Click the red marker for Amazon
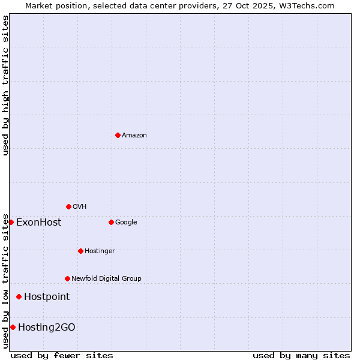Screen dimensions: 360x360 [118, 135]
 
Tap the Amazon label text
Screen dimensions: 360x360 [134, 136]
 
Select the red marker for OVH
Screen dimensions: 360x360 [68, 206]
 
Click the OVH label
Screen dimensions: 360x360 [80, 207]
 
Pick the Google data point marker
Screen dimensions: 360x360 [111, 222]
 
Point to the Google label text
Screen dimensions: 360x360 [126, 223]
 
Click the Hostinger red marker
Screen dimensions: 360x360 [80, 251]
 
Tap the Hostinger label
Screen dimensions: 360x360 [100, 251]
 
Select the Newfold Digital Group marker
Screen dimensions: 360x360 [67, 278]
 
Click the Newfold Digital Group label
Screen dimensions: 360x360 [106, 279]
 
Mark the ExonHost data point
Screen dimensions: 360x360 [11, 222]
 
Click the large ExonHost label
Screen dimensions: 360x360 [38, 223]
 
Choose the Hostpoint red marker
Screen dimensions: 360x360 [19, 296]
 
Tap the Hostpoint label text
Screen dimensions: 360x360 [47, 297]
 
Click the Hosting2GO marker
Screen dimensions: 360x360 [13, 327]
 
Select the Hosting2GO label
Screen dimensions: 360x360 [47, 328]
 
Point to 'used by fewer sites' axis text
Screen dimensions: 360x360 [62, 356]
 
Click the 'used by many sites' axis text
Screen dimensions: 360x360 [301, 356]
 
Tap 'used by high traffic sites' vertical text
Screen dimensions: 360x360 [6, 85]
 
